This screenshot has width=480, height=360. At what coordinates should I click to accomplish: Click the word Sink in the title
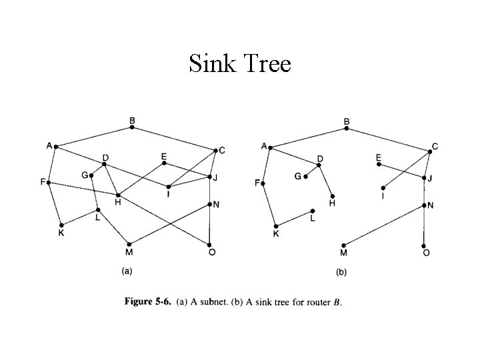tap(211, 64)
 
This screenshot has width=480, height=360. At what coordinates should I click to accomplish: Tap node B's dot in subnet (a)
tap(132, 127)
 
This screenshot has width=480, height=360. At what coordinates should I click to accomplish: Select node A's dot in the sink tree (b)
tap(270, 147)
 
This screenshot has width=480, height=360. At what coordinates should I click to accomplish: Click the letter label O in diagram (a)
tap(212, 253)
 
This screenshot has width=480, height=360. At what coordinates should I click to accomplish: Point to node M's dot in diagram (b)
tap(343, 245)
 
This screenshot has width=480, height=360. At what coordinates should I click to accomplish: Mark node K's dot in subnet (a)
tap(61, 225)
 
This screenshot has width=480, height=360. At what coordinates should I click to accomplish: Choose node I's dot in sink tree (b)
tap(383, 187)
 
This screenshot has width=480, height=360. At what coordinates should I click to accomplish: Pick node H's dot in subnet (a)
tap(118, 195)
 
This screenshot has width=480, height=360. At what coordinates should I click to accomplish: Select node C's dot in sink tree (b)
tap(430, 151)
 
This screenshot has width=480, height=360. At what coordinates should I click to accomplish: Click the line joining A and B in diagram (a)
tap(94, 136)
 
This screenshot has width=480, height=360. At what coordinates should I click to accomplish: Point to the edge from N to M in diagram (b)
tap(383, 225)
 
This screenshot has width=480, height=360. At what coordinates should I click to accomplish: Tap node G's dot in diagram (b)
tap(305, 177)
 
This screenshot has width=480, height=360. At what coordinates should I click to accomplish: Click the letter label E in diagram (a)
tap(164, 156)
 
